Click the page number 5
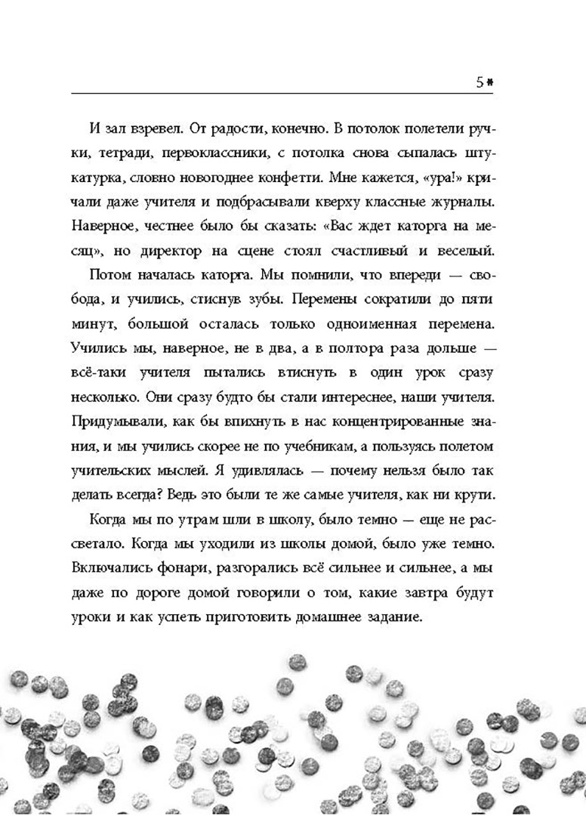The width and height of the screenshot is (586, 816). click(x=480, y=83)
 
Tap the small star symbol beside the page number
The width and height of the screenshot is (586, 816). click(x=490, y=83)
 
